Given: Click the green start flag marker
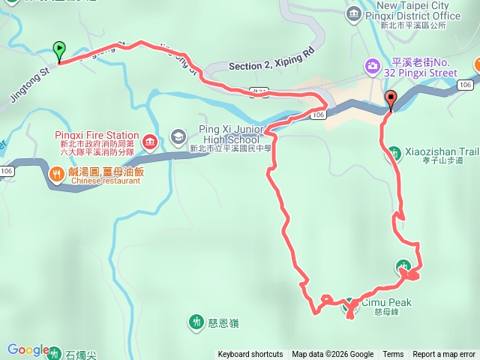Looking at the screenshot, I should (59, 50).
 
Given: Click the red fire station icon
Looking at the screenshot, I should (149, 140).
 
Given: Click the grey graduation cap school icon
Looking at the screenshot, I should (178, 136).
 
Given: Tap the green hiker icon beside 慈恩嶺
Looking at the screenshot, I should (196, 322).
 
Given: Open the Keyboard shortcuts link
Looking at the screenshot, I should (250, 355).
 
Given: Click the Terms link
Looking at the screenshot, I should (393, 355).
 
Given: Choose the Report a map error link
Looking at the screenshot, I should (443, 355).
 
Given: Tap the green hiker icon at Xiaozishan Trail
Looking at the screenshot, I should (394, 154).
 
